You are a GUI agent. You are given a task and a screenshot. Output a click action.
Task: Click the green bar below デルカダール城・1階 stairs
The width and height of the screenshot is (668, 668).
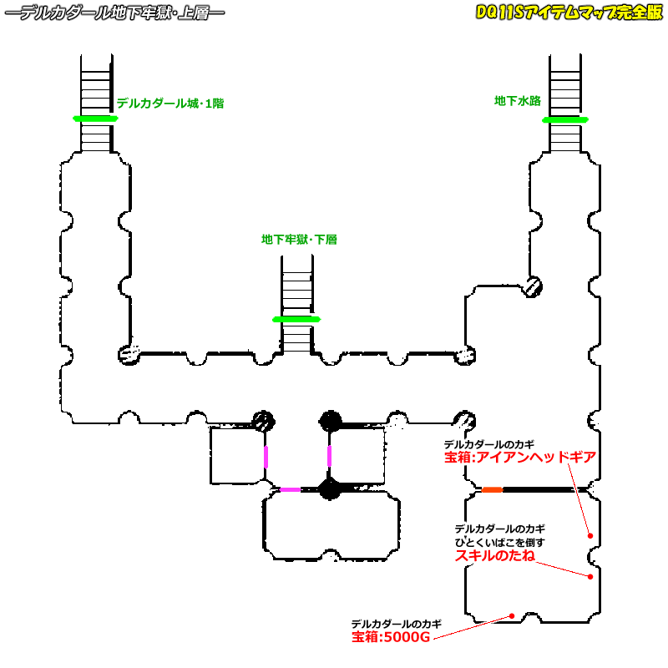pos(95,119)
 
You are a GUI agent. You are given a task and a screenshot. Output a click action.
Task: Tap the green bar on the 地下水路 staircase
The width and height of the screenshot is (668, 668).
pos(565,119)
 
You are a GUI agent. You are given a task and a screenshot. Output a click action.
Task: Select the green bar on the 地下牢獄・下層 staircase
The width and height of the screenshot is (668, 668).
pos(296,319)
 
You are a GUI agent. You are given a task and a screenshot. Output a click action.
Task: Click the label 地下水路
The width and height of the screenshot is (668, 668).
pos(517,101)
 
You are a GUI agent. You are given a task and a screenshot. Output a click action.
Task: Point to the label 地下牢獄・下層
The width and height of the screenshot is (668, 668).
pos(299,240)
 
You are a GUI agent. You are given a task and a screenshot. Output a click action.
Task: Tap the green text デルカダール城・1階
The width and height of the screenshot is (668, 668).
pos(170,104)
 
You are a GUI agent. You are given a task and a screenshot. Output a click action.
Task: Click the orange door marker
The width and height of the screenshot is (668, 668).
pos(491,489)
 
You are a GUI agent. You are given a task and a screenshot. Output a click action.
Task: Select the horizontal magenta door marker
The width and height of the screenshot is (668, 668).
pos(290,489)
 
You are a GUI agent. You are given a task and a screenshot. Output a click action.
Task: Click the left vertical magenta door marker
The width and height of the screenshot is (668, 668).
pos(266,457)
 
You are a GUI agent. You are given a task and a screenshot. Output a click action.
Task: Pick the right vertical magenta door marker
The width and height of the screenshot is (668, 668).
pos(329,456)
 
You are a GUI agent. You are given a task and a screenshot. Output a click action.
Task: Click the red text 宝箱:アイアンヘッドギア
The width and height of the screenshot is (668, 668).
pos(520,458)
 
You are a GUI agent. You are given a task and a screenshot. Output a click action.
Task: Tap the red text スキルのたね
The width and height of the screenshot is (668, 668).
pos(494,555)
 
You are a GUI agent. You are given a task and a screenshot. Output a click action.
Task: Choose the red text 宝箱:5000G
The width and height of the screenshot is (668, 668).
pos(391,637)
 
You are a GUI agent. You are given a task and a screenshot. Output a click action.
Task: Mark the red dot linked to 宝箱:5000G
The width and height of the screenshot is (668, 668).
pos(512,617)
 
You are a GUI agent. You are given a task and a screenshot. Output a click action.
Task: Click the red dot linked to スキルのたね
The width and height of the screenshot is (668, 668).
pos(590,576)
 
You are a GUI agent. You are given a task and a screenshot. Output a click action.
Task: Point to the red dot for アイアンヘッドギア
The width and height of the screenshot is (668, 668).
pos(590,535)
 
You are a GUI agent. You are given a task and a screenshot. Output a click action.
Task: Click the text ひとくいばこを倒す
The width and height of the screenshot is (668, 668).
pos(500,542)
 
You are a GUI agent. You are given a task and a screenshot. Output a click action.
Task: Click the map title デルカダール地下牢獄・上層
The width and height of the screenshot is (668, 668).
pos(114,14)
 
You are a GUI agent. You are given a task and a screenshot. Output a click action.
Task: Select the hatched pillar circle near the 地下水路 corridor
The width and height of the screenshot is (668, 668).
pos(534,286)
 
